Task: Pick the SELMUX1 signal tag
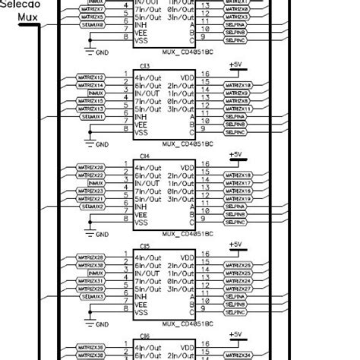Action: pos(93,117)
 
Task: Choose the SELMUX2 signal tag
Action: pos(93,206)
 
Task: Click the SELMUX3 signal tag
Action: pos(93,296)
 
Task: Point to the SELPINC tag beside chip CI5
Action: pos(235,311)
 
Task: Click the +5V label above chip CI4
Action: pos(235,154)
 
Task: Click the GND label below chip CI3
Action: pos(102,143)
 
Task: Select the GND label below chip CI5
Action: pos(102,323)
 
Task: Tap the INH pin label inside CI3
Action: pos(141,117)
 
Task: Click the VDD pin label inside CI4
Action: pos(186,167)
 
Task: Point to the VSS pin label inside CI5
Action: pos(141,312)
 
